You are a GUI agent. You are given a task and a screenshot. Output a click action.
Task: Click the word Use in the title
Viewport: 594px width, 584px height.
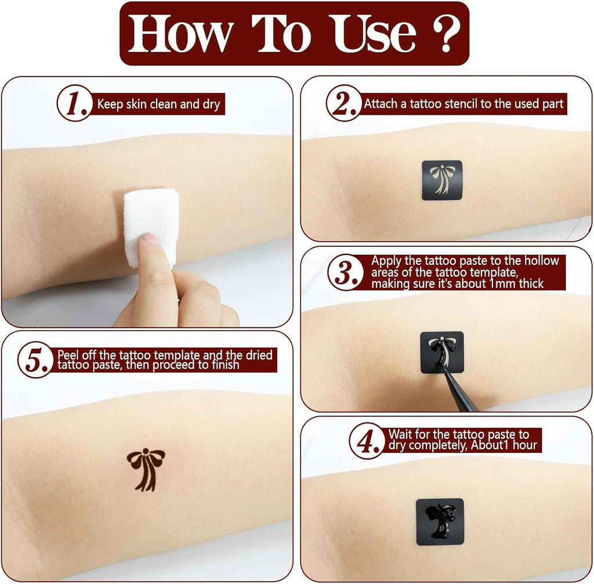(373, 34)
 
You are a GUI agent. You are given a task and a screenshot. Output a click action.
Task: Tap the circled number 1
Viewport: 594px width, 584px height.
(75, 103)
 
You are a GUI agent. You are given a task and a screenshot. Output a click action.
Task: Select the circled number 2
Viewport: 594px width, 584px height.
(344, 103)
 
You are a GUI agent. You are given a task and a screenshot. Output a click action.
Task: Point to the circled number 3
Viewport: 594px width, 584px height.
(346, 272)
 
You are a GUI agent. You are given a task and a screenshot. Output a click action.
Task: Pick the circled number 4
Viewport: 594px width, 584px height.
(367, 441)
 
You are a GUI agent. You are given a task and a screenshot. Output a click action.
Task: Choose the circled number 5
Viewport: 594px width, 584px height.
(36, 360)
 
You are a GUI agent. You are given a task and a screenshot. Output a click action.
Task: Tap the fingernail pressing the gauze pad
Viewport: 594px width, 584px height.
(149, 239)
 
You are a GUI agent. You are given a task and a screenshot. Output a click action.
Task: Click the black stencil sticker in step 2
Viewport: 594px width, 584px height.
(442, 180)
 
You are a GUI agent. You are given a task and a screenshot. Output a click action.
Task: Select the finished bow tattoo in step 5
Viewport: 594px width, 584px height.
(146, 469)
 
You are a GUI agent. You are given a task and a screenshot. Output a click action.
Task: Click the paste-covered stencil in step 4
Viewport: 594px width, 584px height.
(440, 522)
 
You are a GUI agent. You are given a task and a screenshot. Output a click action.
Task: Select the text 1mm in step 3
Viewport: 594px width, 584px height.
(502, 283)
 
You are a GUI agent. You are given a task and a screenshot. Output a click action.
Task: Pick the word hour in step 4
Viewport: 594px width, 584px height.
(524, 445)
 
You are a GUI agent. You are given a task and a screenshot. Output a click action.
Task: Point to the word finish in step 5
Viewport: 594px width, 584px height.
(225, 364)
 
